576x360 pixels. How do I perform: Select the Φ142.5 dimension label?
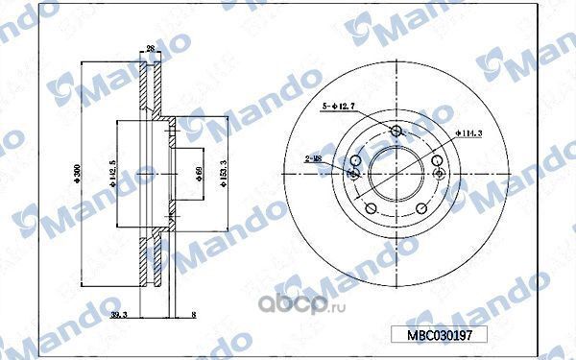112,174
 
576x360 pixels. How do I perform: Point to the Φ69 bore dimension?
199,174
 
